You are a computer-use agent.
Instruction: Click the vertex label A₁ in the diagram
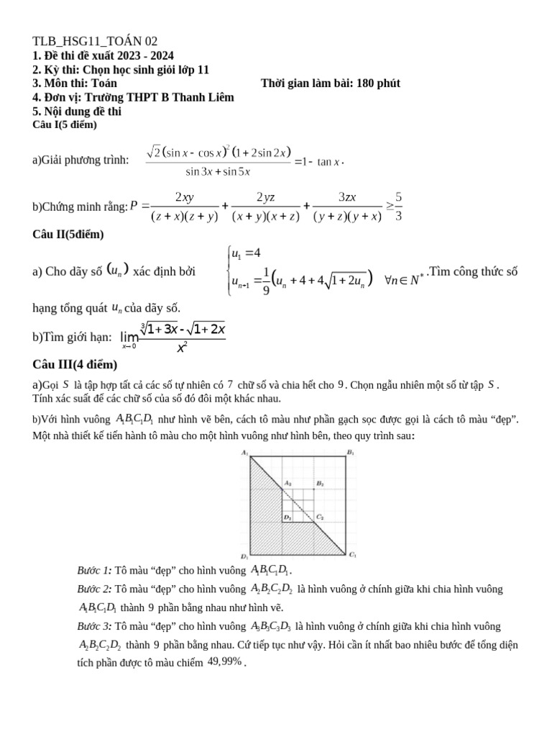(x=245, y=452)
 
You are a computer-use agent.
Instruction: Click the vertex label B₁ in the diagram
(x=351, y=452)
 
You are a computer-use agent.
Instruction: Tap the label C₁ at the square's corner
(x=352, y=555)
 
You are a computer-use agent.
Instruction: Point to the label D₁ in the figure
(x=245, y=556)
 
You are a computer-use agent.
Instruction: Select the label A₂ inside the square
(x=288, y=484)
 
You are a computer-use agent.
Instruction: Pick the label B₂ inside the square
(x=320, y=484)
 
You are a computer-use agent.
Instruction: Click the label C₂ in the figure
(x=320, y=517)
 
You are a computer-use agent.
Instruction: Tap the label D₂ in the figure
(x=287, y=517)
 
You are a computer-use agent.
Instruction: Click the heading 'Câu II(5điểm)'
(x=68, y=235)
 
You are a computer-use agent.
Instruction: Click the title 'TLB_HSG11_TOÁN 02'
(x=95, y=41)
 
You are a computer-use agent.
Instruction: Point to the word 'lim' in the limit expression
(x=129, y=337)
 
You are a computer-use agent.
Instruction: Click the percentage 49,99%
(x=224, y=661)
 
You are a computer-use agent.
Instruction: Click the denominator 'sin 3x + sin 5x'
(x=218, y=171)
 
